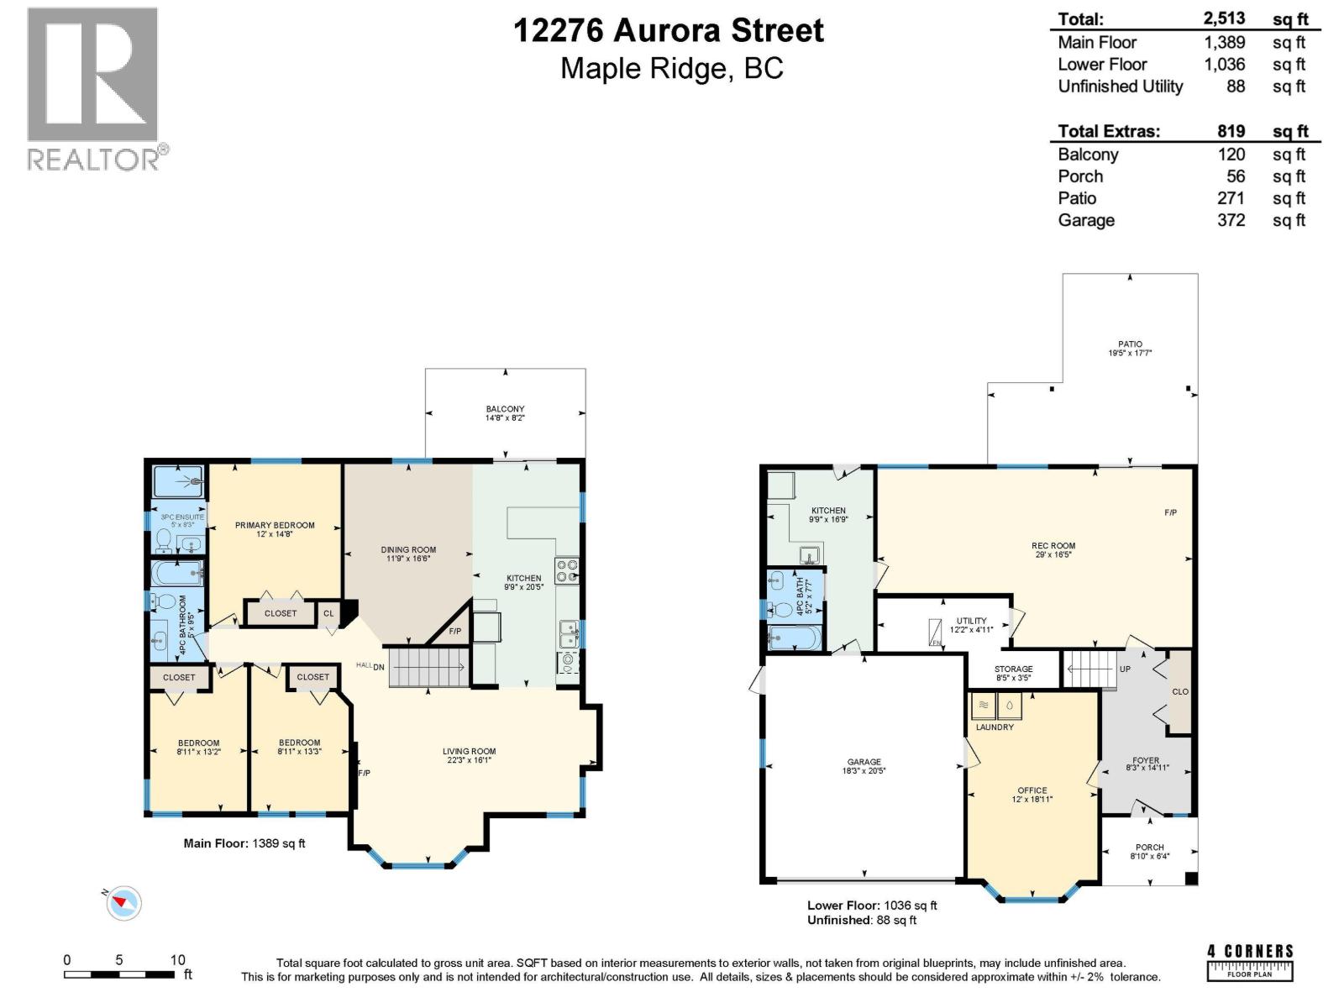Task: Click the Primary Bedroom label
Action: point(275,525)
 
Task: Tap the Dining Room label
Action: point(408,549)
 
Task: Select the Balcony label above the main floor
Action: point(505,409)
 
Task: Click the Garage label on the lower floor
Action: point(864,762)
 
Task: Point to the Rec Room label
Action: point(1053,546)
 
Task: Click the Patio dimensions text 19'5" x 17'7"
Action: point(1130,354)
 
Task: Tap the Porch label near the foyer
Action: point(1149,847)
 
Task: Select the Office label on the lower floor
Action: point(1032,790)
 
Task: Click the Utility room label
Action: point(972,621)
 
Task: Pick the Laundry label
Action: point(995,727)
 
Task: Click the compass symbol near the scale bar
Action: point(123,903)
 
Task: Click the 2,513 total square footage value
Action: point(1224,18)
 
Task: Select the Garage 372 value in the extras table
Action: point(1231,220)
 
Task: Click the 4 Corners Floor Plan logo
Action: point(1250,962)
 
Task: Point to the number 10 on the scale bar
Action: point(177,960)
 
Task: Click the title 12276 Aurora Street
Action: point(668,30)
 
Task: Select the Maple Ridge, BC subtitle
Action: point(671,68)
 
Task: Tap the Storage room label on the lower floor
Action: point(1013,669)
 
